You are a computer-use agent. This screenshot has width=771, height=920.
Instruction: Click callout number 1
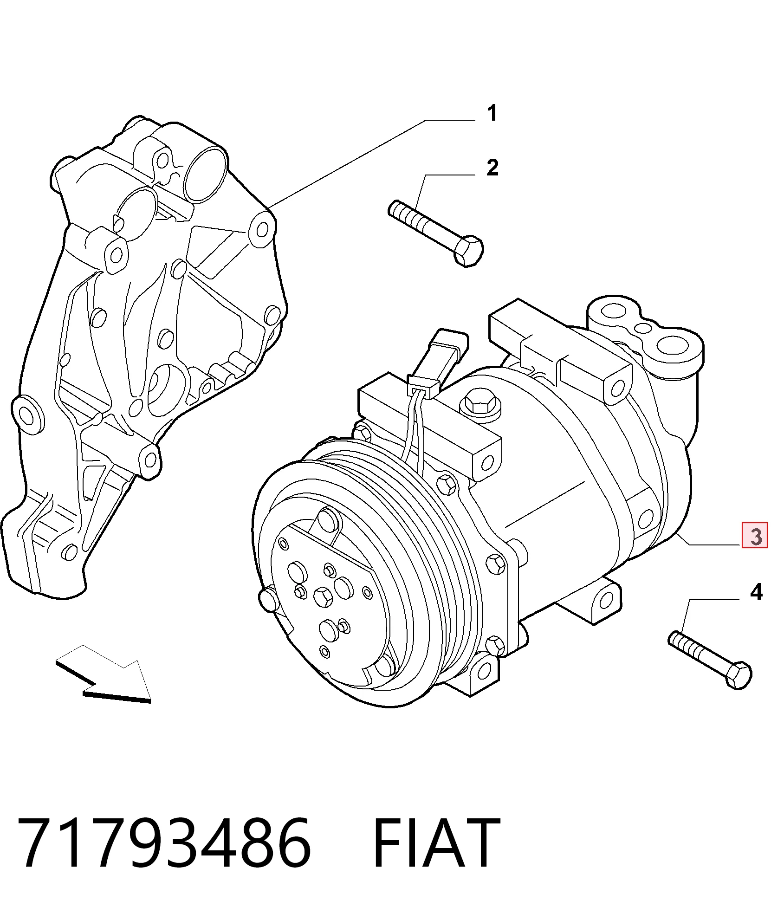pyautogui.click(x=492, y=113)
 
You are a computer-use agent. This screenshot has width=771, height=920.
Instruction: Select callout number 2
pyautogui.click(x=492, y=168)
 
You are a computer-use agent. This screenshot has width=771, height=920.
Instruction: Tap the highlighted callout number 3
pyautogui.click(x=755, y=535)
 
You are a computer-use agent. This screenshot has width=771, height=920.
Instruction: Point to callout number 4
pyautogui.click(x=756, y=592)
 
